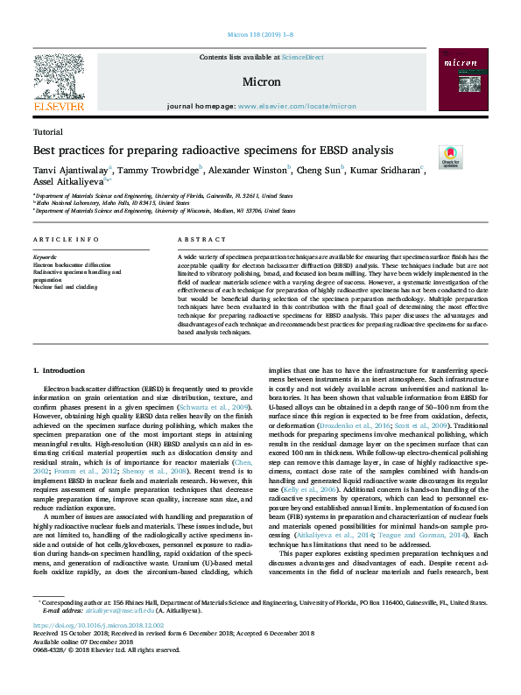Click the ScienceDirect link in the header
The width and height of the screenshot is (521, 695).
coord(302,57)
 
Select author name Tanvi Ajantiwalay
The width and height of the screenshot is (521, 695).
coord(68,170)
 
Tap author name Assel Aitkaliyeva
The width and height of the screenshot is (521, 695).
coord(67,183)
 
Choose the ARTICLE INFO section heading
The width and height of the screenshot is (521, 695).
coord(66,239)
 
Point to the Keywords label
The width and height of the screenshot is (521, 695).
coord(44,256)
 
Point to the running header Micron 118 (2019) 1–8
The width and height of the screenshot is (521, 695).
coord(260,34)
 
